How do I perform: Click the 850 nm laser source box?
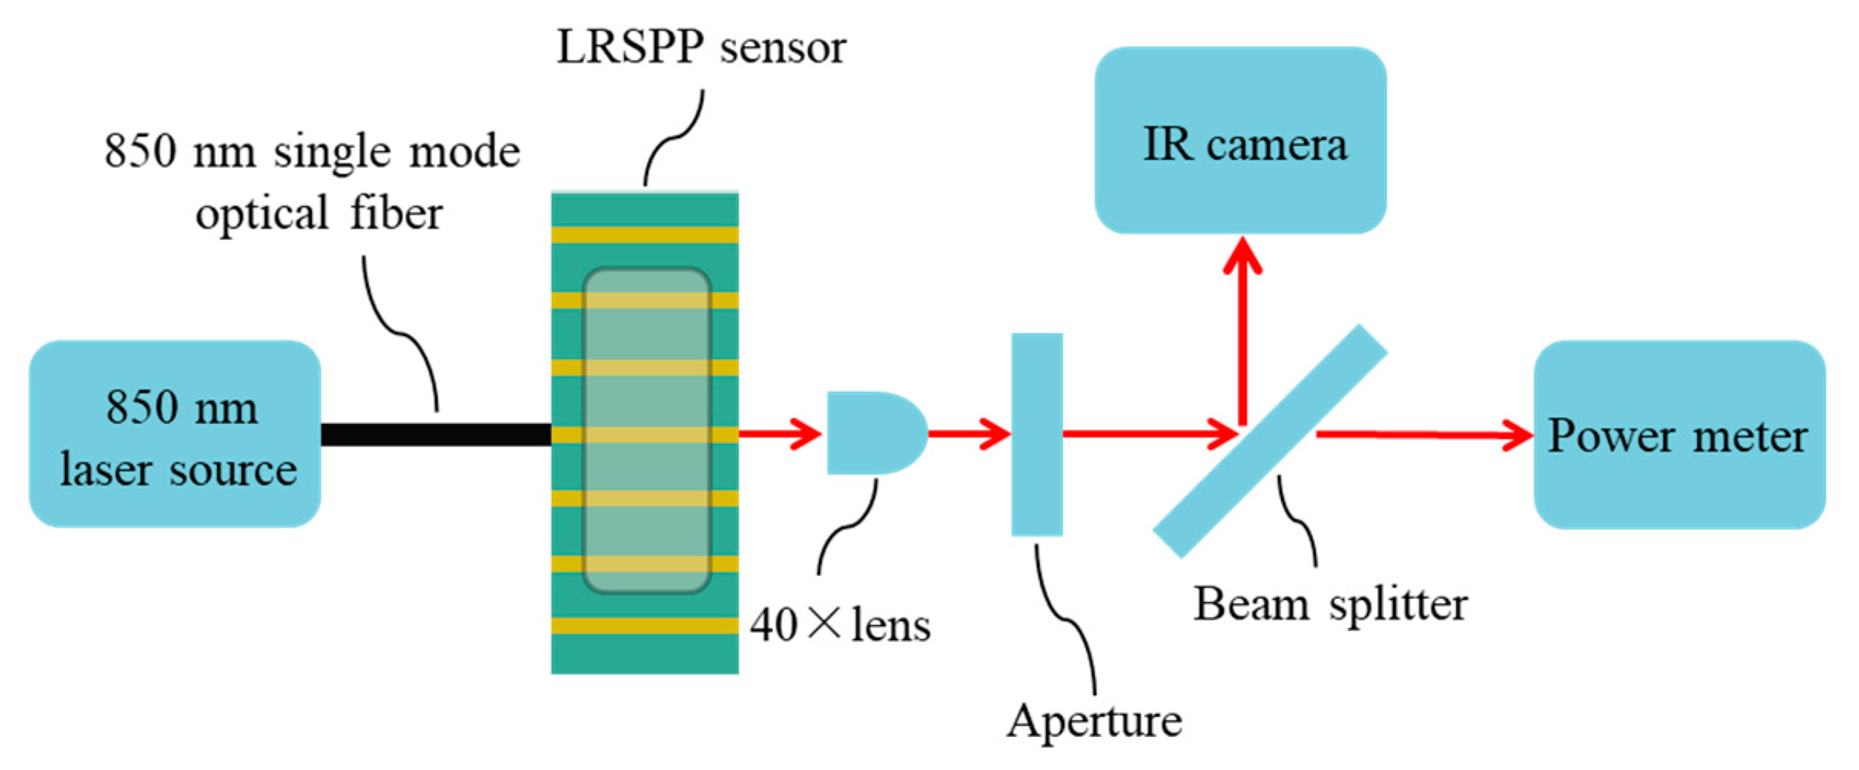175,434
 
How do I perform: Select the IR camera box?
1240,140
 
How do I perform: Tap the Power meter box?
1679,435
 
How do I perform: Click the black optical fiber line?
435,435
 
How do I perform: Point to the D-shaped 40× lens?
873,433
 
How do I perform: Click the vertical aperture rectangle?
1037,434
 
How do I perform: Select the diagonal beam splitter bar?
1270,442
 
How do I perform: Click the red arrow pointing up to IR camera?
1242,330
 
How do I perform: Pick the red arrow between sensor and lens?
779,434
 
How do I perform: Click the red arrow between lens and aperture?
969,434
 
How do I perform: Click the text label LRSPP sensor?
701,48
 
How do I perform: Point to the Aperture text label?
1094,722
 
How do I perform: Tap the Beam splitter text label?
1330,604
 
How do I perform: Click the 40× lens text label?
840,625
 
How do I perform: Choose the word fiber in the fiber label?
396,213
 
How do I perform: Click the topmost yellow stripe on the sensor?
645,235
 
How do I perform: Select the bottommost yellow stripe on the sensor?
645,626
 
